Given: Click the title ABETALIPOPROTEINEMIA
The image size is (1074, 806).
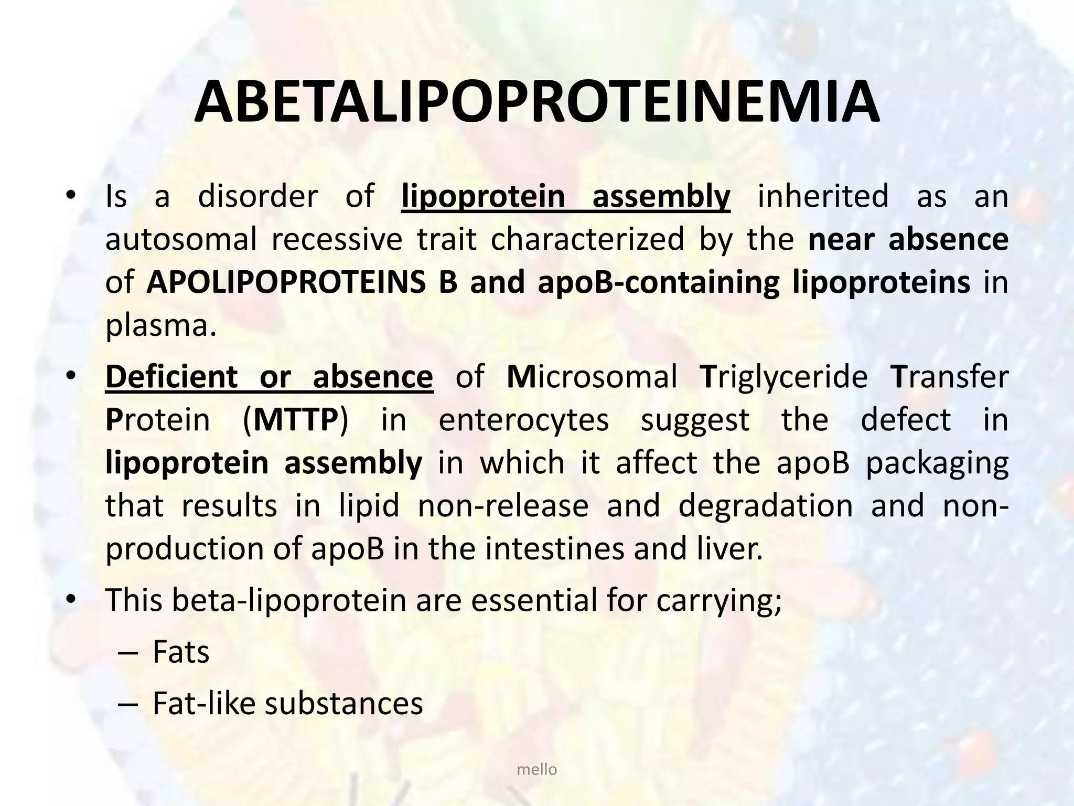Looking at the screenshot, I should [536, 102].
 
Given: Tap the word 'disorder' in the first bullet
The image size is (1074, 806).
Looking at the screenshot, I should [257, 196].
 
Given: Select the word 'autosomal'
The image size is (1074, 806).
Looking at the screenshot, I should [181, 240].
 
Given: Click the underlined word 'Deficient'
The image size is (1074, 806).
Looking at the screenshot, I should [171, 377].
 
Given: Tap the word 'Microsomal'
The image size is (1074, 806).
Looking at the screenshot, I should [592, 377].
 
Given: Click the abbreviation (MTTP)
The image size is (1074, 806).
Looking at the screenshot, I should [295, 420].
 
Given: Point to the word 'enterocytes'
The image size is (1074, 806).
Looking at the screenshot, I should [523, 420].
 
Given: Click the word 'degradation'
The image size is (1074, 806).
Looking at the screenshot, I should [765, 506].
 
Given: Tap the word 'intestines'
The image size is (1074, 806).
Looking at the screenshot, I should [555, 549].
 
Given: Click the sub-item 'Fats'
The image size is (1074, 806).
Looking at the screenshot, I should [181, 652].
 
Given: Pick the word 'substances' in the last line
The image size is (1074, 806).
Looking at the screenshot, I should [343, 704].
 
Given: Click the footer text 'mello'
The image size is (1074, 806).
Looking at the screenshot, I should [536, 770].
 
